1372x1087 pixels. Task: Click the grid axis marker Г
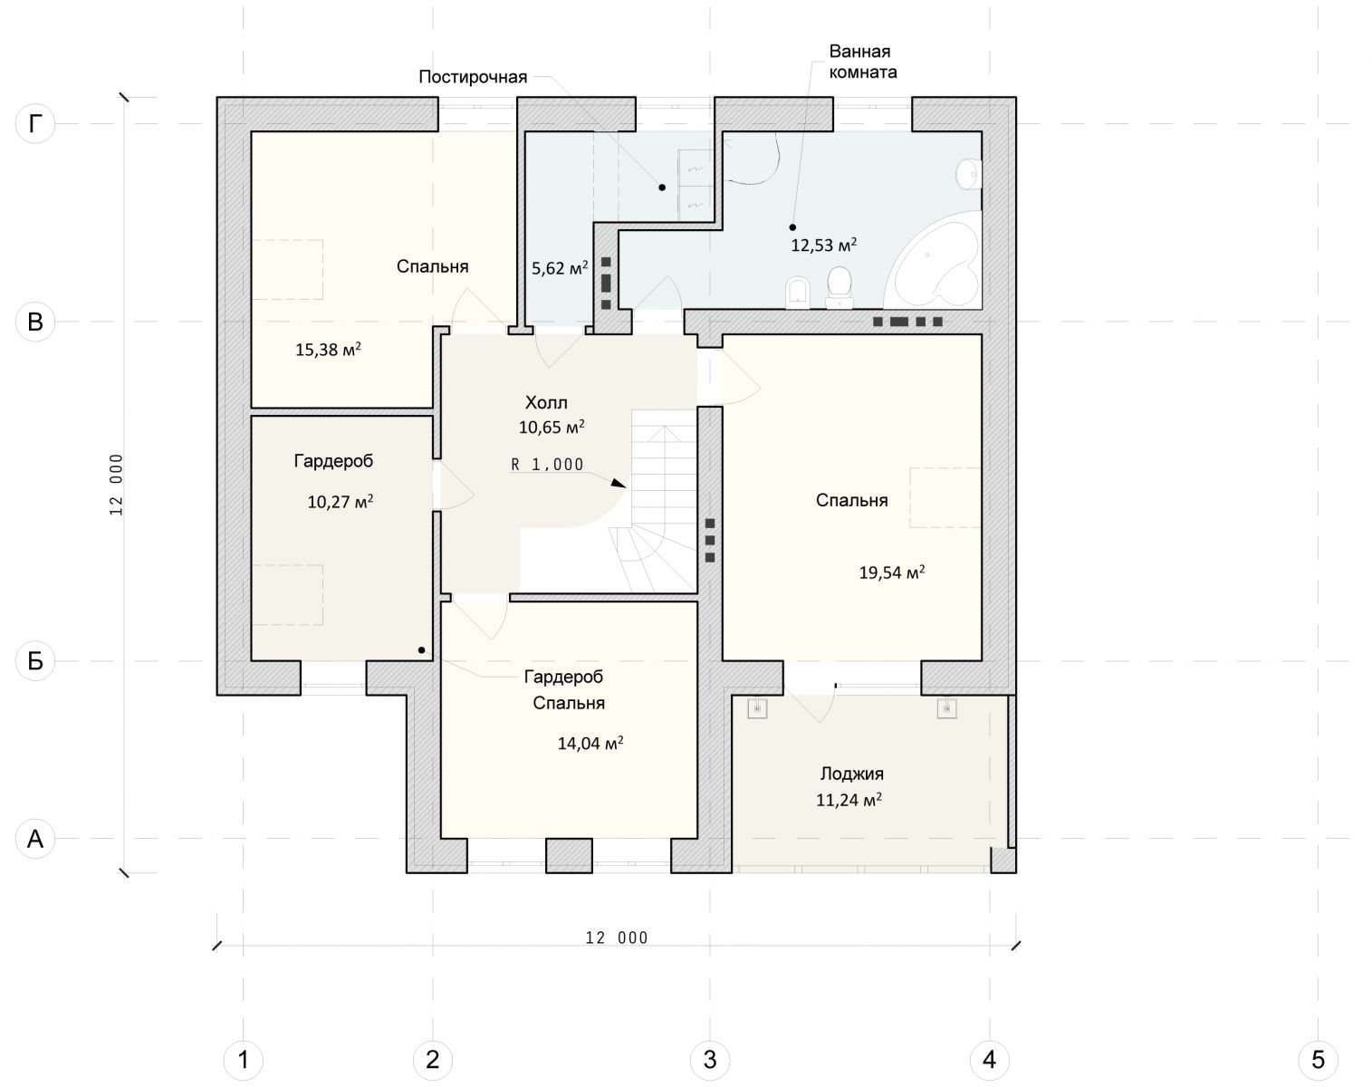35,123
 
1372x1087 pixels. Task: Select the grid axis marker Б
35,661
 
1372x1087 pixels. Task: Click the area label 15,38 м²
328,350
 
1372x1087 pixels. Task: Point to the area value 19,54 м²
891,572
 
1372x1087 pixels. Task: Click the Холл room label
546,402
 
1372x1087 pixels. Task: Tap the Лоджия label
852,774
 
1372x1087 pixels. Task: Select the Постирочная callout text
473,77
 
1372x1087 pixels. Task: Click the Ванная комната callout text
863,62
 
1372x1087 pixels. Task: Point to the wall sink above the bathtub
968,173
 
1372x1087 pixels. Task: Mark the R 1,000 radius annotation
547,465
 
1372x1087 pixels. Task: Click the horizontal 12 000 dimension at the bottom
617,938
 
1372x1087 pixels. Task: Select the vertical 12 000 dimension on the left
116,485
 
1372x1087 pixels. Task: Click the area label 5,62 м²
560,268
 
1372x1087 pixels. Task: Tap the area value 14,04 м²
590,743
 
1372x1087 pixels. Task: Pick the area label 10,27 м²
340,502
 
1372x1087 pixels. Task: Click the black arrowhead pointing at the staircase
619,483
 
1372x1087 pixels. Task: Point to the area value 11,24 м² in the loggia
849,799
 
